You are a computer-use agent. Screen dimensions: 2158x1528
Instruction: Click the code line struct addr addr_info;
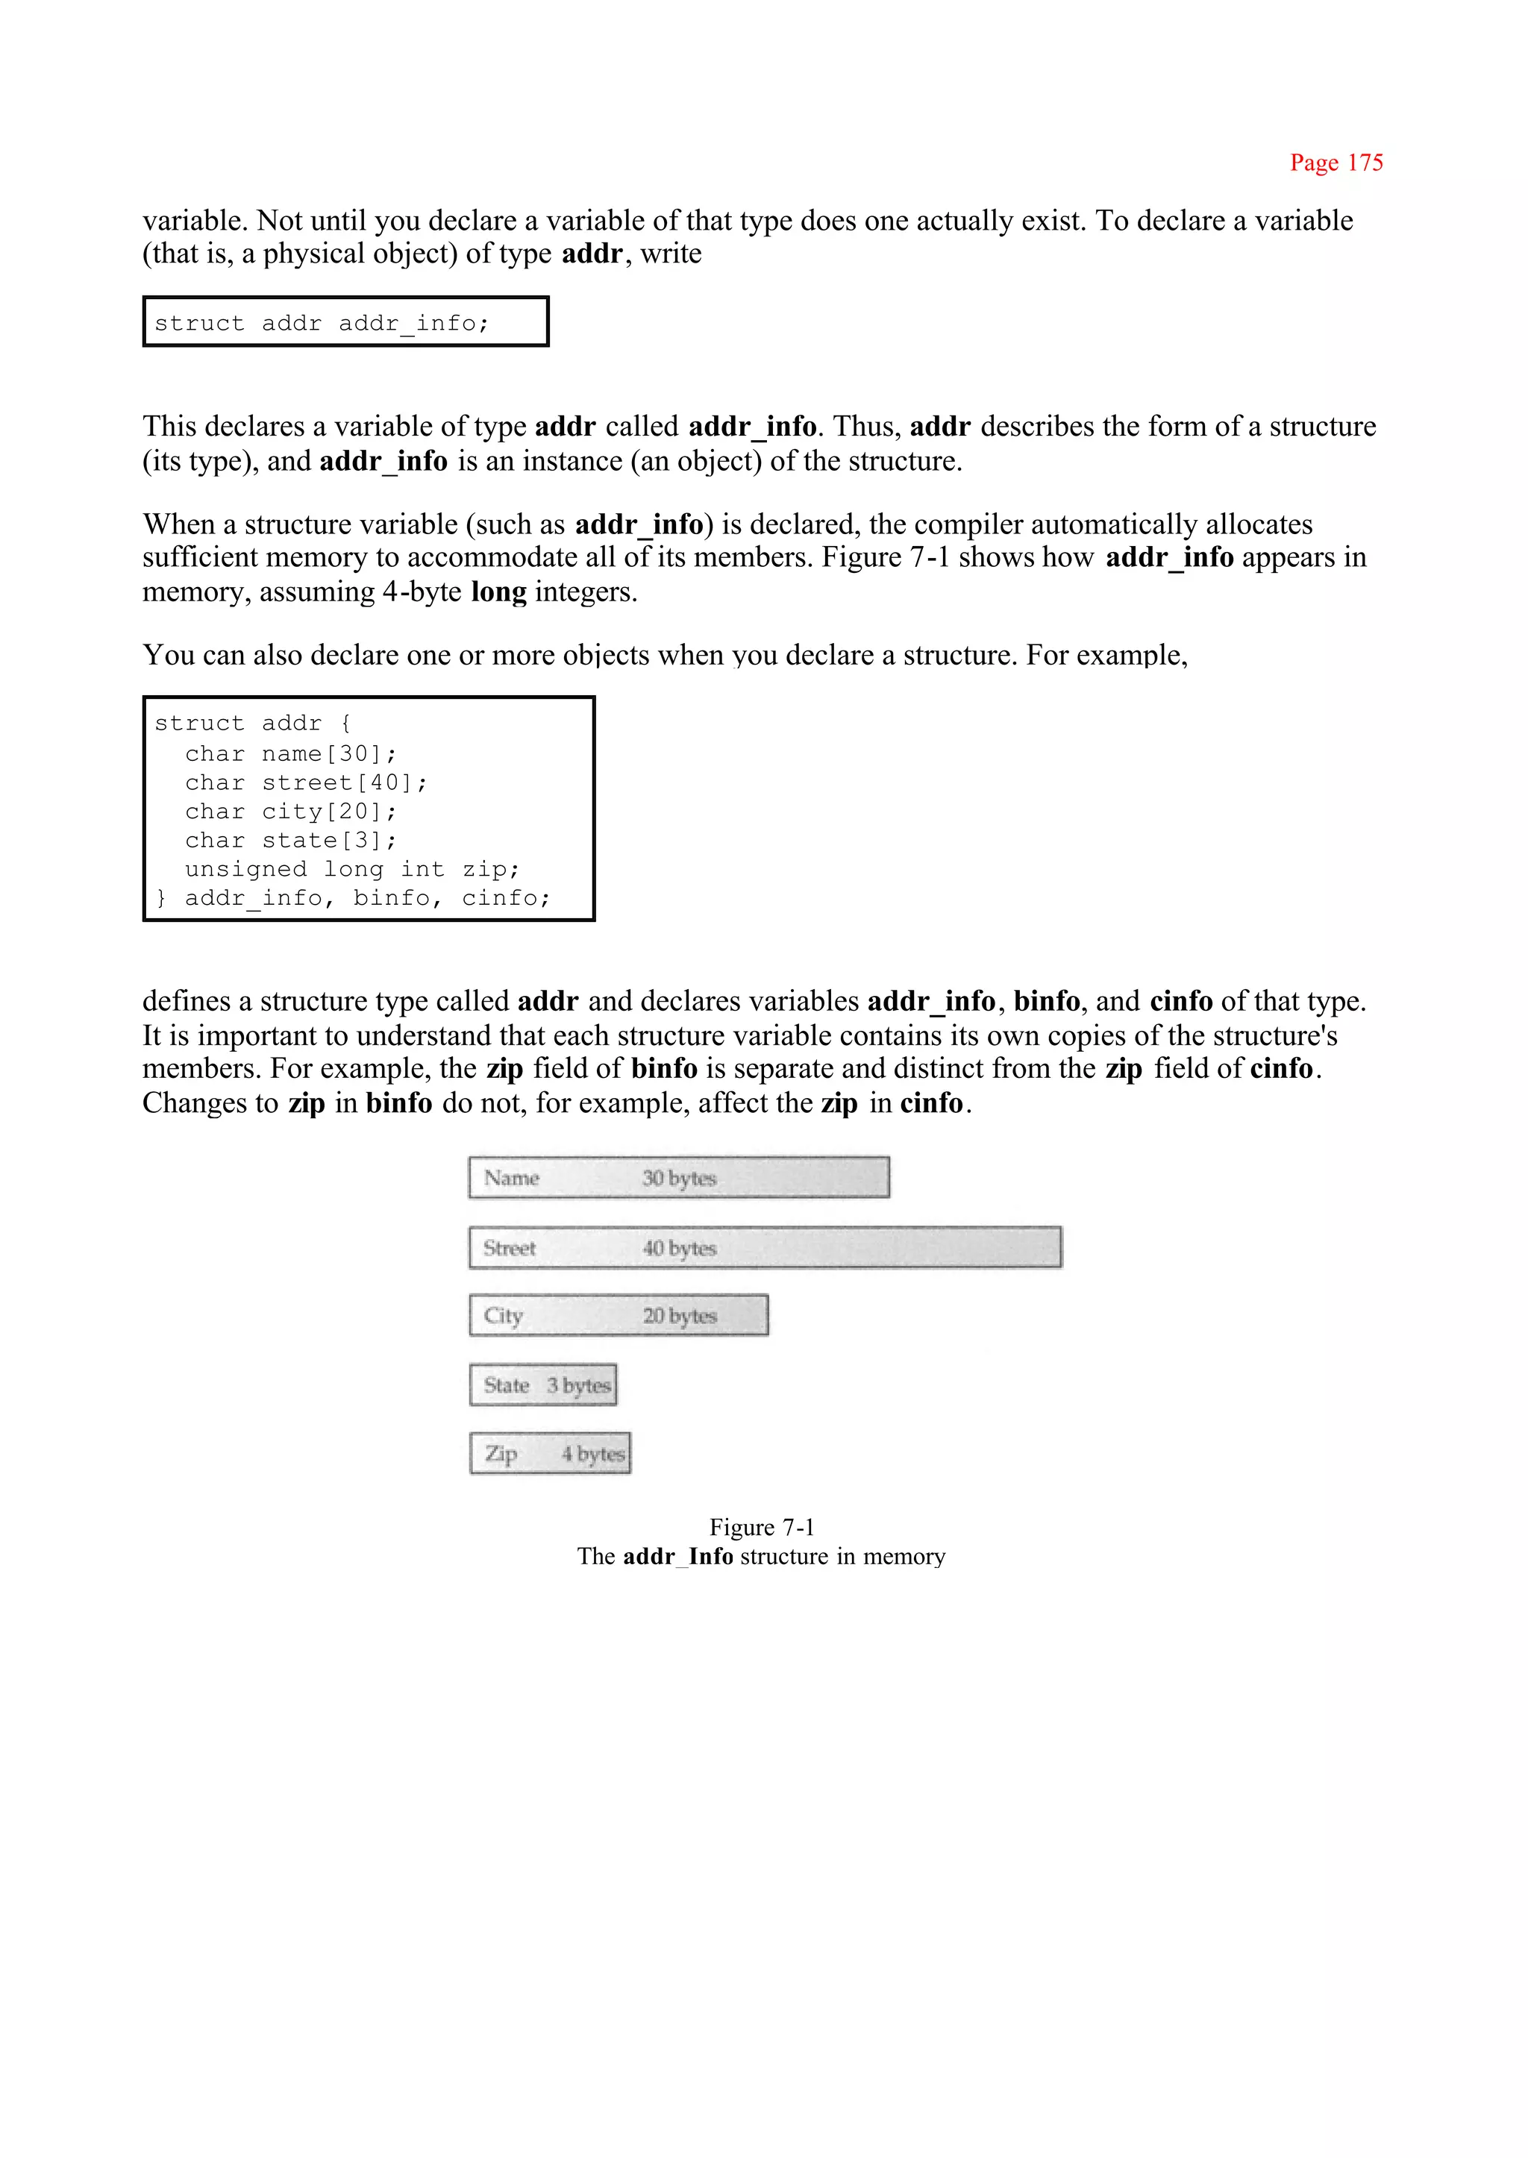(322, 324)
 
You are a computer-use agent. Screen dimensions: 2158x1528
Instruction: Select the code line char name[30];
(291, 753)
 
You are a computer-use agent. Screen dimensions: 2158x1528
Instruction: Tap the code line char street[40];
(306, 782)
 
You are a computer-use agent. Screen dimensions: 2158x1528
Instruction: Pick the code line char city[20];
(291, 812)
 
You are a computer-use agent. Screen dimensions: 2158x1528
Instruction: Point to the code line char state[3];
(291, 840)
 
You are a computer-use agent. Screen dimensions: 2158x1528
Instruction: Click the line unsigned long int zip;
(352, 869)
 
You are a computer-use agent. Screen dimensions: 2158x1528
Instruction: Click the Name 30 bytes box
(678, 1178)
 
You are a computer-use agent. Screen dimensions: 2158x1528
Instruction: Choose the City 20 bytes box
(619, 1315)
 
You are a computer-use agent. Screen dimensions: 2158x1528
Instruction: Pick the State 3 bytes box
(543, 1384)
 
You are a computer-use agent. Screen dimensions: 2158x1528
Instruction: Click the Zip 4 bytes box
(549, 1453)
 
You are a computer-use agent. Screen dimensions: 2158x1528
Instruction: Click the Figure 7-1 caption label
(761, 1527)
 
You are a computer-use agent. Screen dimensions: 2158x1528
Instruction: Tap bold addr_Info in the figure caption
(677, 1557)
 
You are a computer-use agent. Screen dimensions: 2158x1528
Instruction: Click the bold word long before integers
(498, 592)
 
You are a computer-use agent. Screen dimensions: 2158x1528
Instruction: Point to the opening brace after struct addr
(345, 724)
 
